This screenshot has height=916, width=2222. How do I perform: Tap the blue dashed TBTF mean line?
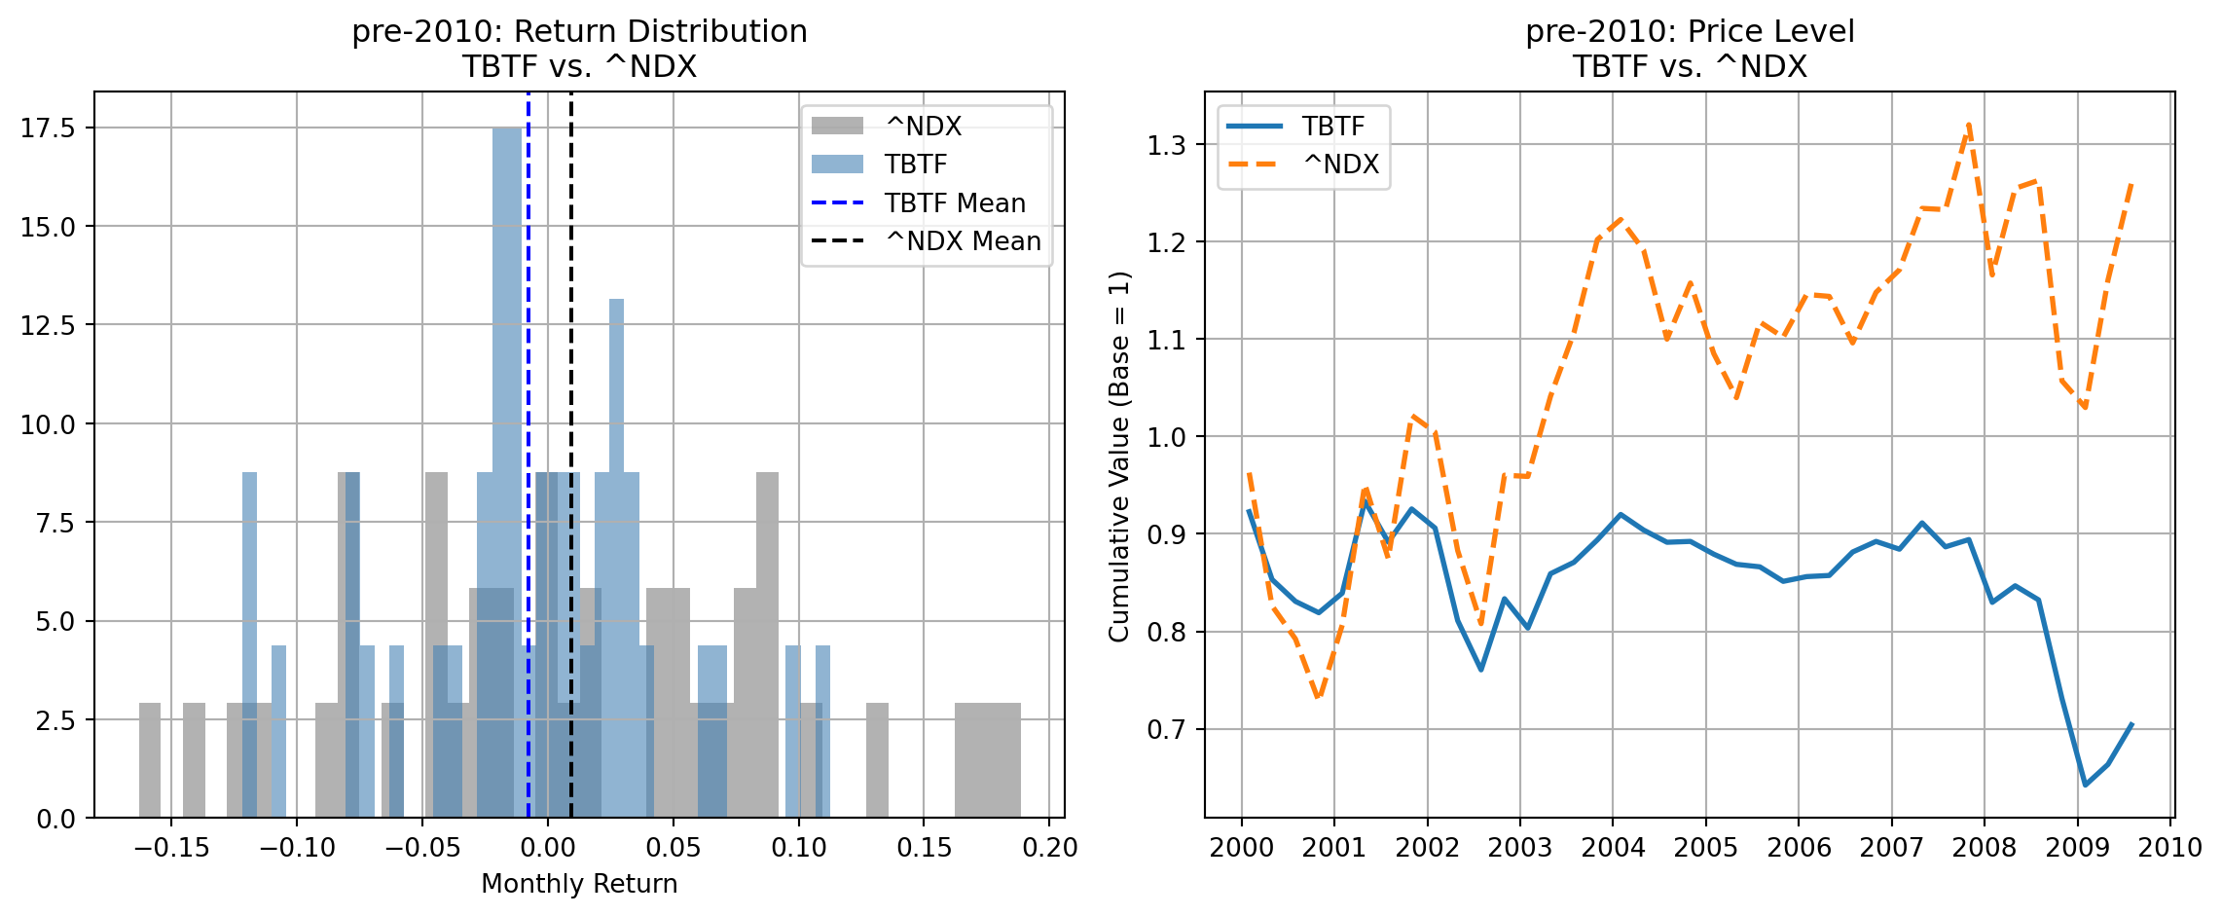click(528, 389)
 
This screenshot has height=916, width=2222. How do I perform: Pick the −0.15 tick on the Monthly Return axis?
click(171, 848)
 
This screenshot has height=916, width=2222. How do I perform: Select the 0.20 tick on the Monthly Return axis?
click(1050, 848)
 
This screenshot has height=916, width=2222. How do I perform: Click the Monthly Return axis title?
click(579, 884)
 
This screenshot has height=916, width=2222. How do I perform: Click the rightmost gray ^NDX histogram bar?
click(988, 759)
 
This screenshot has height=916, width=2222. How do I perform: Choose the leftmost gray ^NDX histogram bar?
click(150, 759)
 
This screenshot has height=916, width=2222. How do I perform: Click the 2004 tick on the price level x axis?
click(1613, 848)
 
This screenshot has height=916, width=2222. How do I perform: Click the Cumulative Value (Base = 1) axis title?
click(1119, 457)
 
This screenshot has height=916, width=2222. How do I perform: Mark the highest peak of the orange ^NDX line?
click(1969, 124)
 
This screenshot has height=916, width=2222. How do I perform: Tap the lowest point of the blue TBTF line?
click(2086, 785)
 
